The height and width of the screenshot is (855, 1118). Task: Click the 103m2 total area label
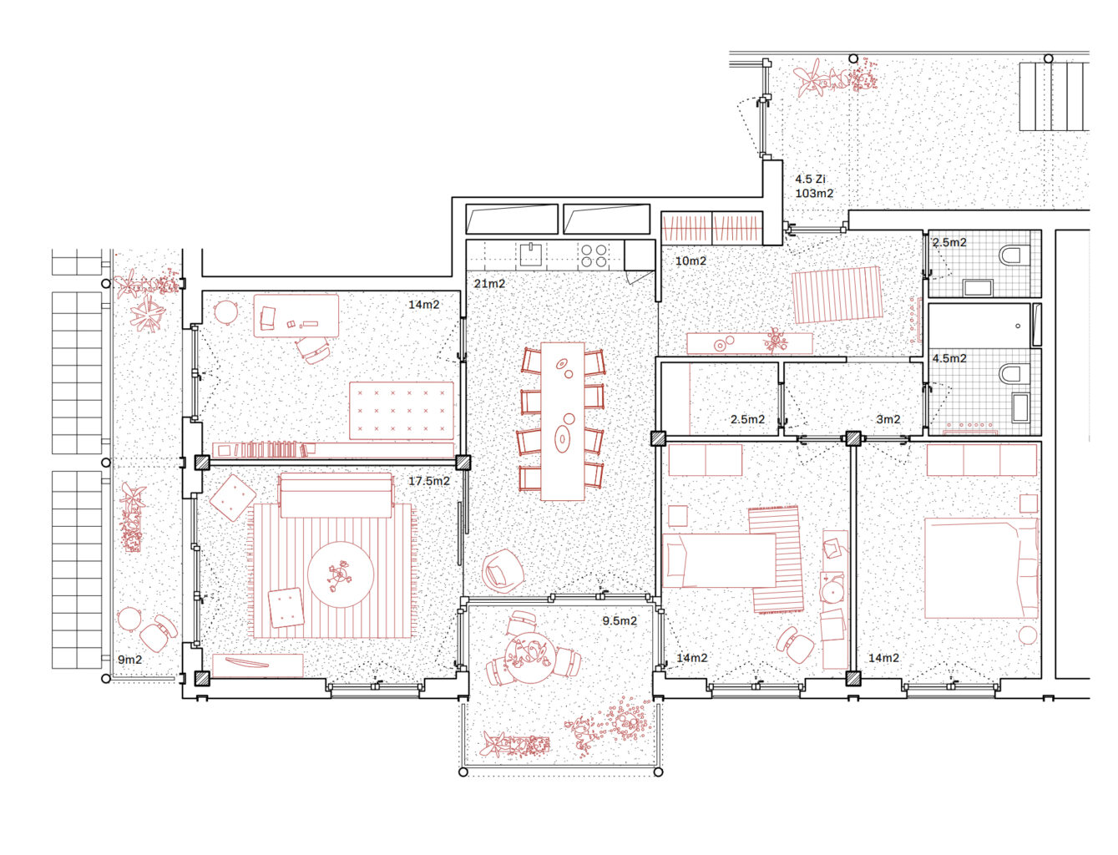pos(814,194)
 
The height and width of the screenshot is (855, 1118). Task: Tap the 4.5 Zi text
pos(810,180)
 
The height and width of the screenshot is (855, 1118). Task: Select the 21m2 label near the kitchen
pos(489,284)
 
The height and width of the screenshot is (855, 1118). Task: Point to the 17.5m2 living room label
pos(429,481)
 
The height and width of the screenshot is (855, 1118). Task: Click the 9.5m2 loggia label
pos(620,620)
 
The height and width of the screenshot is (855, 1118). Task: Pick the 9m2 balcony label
pos(130,660)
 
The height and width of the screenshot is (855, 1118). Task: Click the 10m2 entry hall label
pos(691,261)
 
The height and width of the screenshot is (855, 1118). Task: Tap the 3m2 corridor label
pos(888,420)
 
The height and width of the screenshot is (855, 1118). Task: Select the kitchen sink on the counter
pos(530,254)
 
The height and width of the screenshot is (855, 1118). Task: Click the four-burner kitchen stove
pos(594,255)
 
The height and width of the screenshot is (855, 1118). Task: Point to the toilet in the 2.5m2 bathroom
pos(1014,255)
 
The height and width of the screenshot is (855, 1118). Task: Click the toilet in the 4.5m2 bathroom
pos(1014,373)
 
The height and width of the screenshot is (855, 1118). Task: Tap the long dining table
pos(562,421)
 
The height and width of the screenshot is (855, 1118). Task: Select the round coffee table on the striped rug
pos(341,574)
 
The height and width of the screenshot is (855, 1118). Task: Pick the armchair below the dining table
pos(502,570)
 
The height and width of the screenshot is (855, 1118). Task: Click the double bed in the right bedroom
pos(981,569)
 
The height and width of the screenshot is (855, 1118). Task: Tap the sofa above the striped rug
pos(336,495)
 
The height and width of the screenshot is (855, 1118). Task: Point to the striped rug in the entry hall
pos(837,295)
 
